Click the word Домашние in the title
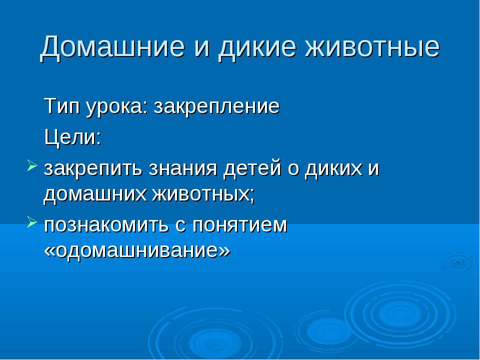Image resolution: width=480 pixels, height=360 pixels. pos(112,47)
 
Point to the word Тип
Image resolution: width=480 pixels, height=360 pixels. pos(60,106)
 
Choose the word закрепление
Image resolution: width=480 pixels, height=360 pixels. pos(216,106)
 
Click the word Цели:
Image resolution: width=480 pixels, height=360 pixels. pos(72,136)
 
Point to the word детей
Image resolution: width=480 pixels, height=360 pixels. pos(250,168)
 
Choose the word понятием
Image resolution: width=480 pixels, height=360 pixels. pos(244,224)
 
